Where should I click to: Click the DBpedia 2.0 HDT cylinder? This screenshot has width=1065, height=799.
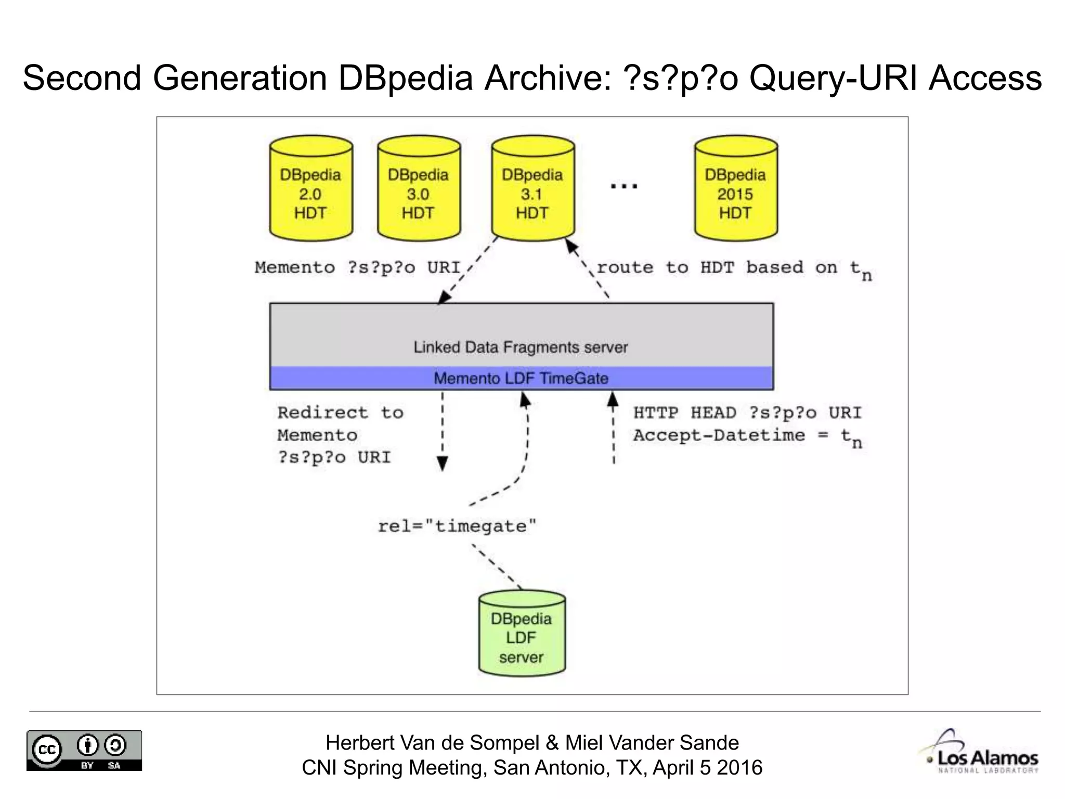coord(311,190)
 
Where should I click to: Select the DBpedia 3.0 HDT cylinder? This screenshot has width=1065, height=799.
coord(419,190)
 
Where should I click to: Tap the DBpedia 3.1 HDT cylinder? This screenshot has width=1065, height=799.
coord(532,190)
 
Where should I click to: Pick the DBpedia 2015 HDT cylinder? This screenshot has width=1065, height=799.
coord(735,190)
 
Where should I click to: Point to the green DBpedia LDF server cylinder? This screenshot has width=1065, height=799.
coord(522,635)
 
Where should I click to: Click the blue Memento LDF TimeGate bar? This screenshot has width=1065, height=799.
coord(521,378)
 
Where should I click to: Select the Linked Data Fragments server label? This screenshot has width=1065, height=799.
coord(521,347)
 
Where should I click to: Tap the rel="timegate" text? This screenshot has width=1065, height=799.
coord(457,526)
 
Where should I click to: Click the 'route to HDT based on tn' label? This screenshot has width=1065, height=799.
coord(733,268)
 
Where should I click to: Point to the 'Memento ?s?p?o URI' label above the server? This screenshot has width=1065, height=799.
coord(358,268)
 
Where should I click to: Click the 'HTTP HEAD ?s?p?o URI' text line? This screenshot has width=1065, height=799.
coord(747,413)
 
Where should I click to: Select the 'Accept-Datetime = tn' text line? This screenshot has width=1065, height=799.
coord(747,436)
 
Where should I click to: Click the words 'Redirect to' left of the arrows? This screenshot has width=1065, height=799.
coord(341,413)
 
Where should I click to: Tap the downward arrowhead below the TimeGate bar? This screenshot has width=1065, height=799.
coord(442,462)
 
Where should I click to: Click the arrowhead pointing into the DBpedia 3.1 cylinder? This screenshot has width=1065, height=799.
coord(571,246)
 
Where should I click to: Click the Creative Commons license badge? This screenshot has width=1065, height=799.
coord(84,750)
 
